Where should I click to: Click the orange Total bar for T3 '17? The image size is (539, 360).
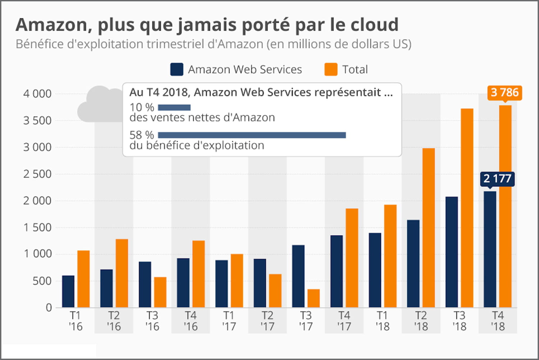313,298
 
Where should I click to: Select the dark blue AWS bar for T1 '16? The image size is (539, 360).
68,291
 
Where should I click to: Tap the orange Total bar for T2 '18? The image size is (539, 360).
429,228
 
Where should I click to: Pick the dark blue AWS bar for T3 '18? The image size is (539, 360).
452,252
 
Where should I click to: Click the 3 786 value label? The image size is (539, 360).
505,93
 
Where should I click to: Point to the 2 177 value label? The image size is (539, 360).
497,179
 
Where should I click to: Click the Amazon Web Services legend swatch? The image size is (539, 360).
177,69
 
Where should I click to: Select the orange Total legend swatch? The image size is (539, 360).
331,69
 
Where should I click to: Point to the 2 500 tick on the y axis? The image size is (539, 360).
37,174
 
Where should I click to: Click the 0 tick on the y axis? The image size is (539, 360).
49,308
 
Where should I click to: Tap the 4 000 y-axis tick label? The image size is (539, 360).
37,94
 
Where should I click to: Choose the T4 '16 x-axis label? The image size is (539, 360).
190,321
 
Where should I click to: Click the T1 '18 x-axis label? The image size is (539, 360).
382,321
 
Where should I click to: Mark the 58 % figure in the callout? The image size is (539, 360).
142,135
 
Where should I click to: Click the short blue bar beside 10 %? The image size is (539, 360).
174,107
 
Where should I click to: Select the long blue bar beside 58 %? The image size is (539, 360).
252,135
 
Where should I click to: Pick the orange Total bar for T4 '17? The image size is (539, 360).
352,258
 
